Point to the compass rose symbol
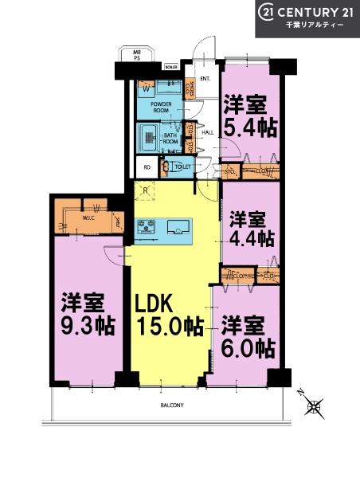click(315, 406)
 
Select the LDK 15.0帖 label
click(167, 315)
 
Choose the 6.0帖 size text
click(248, 349)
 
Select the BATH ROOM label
click(171, 137)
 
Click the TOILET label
click(182, 167)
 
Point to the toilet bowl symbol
click(165, 167)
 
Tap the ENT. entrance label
click(205, 78)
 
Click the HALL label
click(206, 133)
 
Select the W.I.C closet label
click(88, 217)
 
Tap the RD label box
click(147, 168)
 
